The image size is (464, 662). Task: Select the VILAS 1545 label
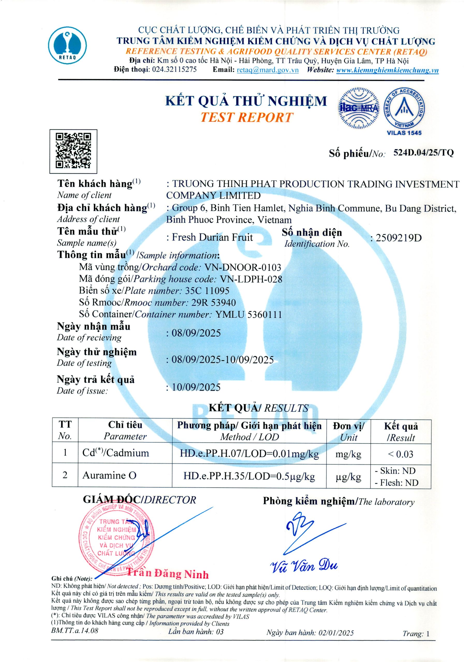(404, 133)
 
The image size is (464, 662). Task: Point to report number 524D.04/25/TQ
(423, 153)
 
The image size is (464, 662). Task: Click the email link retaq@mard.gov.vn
(268, 70)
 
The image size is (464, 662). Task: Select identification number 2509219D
(398, 238)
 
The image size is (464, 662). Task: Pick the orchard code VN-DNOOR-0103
(242, 267)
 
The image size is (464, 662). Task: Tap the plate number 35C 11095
(207, 291)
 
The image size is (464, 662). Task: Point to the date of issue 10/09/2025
(196, 387)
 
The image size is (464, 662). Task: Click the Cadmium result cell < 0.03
(401, 454)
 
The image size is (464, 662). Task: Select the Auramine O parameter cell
(109, 476)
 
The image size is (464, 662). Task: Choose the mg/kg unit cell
(348, 454)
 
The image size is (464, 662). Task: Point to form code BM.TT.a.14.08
(75, 630)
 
